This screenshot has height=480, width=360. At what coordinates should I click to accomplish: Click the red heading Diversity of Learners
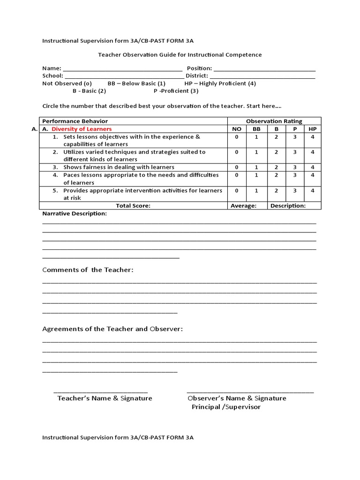pos(82,129)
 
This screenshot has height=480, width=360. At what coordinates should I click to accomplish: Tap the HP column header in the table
pos(312,129)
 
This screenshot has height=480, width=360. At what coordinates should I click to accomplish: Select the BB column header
pos(256,129)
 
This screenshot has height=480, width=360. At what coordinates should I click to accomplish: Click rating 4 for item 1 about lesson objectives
pos(312,137)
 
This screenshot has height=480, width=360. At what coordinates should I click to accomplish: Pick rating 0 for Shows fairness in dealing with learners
pos(237,167)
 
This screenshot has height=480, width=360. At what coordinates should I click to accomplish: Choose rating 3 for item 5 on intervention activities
pos(295,191)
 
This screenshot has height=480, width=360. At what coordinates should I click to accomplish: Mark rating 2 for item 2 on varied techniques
pos(276,152)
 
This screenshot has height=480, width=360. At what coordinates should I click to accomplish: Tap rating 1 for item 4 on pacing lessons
pos(256,175)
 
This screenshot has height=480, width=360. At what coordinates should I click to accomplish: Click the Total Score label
pos(134,205)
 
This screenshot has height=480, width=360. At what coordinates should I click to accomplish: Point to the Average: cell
pos(244,205)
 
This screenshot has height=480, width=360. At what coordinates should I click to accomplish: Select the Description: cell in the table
pos(288,205)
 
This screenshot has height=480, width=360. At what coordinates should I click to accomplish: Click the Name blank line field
pos(120,68)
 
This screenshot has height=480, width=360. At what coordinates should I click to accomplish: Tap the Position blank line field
pos(264,68)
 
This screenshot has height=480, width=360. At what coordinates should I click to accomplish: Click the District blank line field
pos(262,76)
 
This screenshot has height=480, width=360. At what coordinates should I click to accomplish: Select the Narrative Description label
pos(75,214)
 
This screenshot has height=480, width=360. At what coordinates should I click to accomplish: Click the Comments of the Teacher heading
pos(88,270)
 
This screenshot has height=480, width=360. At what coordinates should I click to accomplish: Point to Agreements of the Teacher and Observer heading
pos(112,329)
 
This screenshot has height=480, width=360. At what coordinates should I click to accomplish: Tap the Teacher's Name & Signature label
pos(105,398)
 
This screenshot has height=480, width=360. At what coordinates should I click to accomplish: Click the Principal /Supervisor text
pos(226,407)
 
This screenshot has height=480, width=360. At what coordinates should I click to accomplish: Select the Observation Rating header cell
pos(274,121)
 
